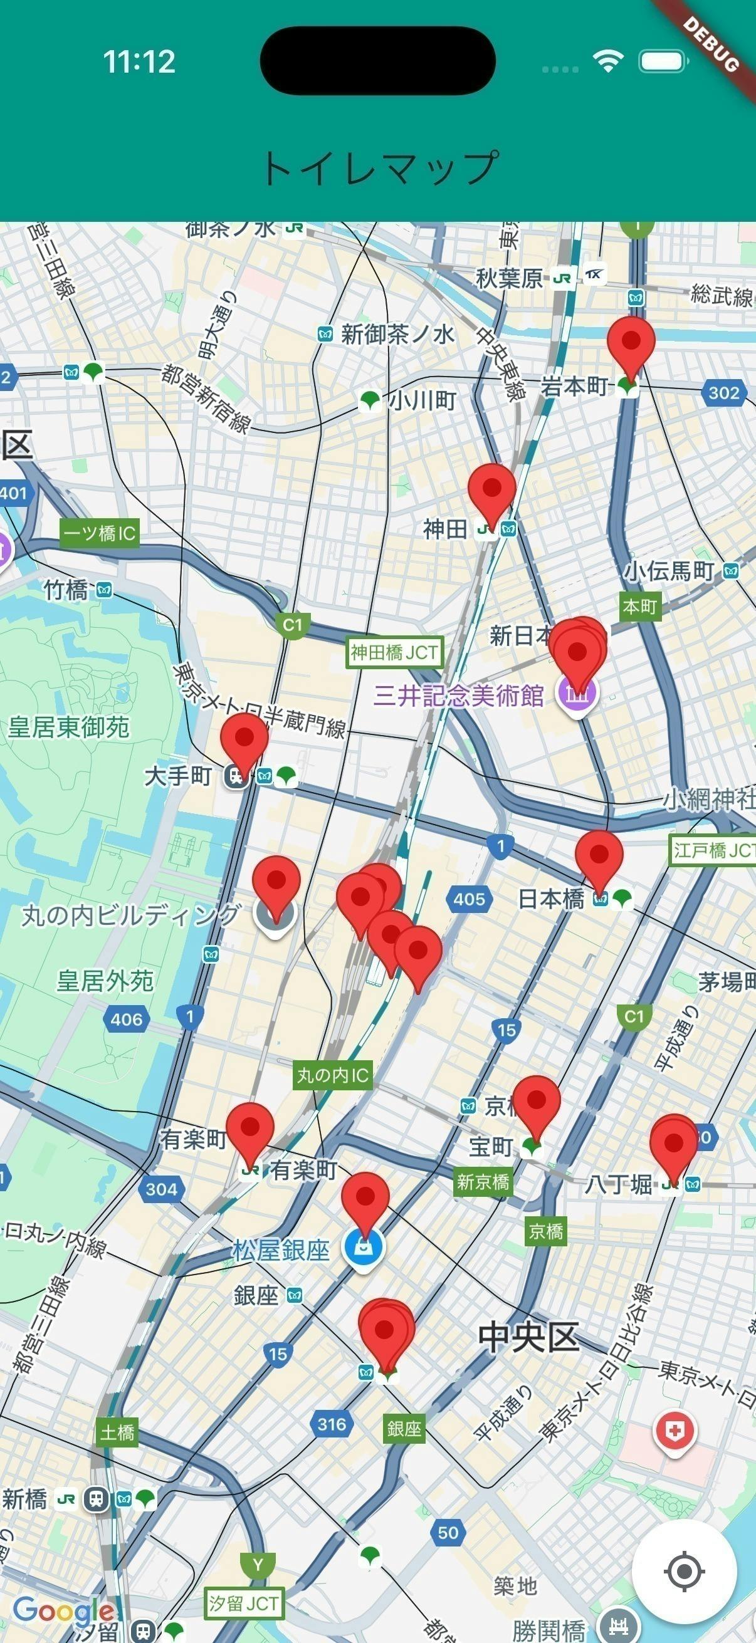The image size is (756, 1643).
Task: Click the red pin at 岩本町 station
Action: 631,342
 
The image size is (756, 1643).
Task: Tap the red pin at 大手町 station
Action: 244,738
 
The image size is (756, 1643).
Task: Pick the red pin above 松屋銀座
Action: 365,1197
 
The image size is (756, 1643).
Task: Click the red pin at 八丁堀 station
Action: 674,1143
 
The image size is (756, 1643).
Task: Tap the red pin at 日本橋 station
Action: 599,855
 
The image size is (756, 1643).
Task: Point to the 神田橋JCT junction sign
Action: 394,652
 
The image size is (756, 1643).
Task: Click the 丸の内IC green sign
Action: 332,1075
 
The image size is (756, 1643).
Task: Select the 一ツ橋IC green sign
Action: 100,533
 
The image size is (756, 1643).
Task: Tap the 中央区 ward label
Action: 529,1336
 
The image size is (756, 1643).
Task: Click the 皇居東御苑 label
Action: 69,727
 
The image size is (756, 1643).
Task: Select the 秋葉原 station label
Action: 509,278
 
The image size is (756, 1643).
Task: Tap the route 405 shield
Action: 470,899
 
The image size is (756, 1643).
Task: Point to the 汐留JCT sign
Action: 244,1603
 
